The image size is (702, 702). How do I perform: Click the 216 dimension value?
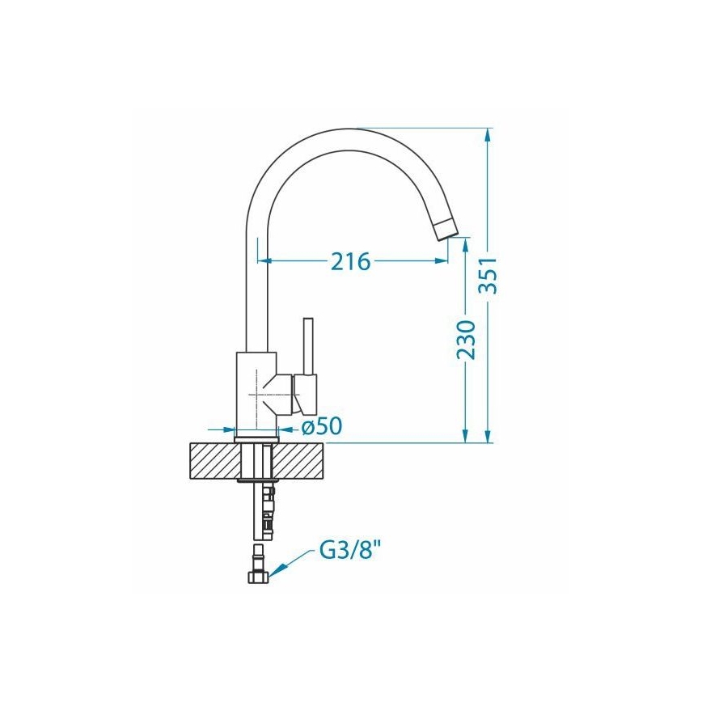click(350, 261)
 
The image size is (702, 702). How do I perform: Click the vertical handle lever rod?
click(307, 345)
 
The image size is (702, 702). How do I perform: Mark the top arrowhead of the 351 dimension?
click(488, 134)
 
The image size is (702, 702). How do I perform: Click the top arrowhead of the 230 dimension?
click(465, 245)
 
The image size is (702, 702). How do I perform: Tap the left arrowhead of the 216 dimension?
click(264, 260)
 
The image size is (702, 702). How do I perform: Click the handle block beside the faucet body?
click(307, 393)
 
